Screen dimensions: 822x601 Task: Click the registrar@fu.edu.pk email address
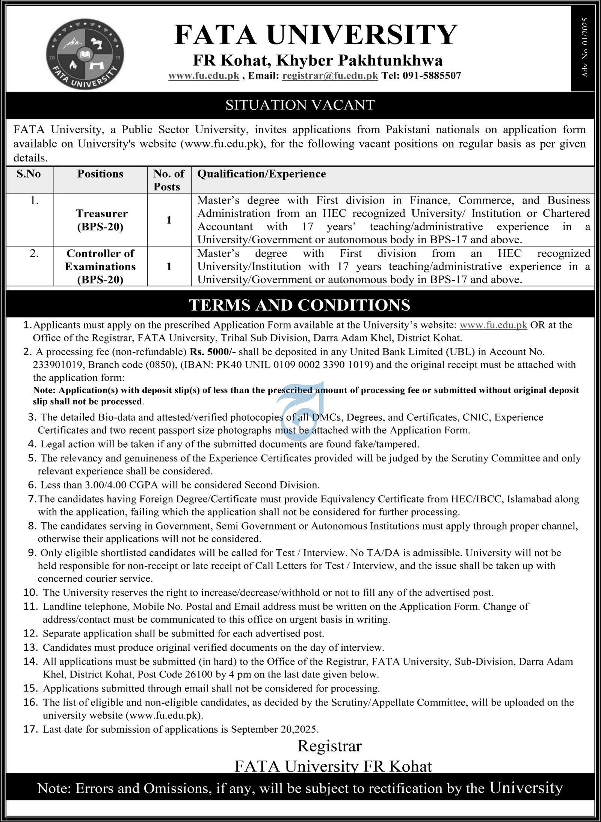tap(330, 75)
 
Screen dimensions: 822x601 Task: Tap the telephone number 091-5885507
tap(432, 75)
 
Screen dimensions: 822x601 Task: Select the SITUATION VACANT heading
tap(300, 105)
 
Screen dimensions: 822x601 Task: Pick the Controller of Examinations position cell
tap(100, 266)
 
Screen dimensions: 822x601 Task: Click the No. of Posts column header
tap(169, 180)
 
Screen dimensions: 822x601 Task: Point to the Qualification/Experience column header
tap(261, 174)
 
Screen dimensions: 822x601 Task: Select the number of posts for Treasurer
tap(169, 220)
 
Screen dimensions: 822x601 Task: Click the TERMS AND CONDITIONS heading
tap(299, 305)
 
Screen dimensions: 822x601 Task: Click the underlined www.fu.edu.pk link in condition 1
tap(493, 325)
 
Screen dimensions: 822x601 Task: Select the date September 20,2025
tap(275, 729)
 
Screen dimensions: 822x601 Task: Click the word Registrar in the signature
tap(329, 746)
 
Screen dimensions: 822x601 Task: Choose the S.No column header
tap(29, 174)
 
